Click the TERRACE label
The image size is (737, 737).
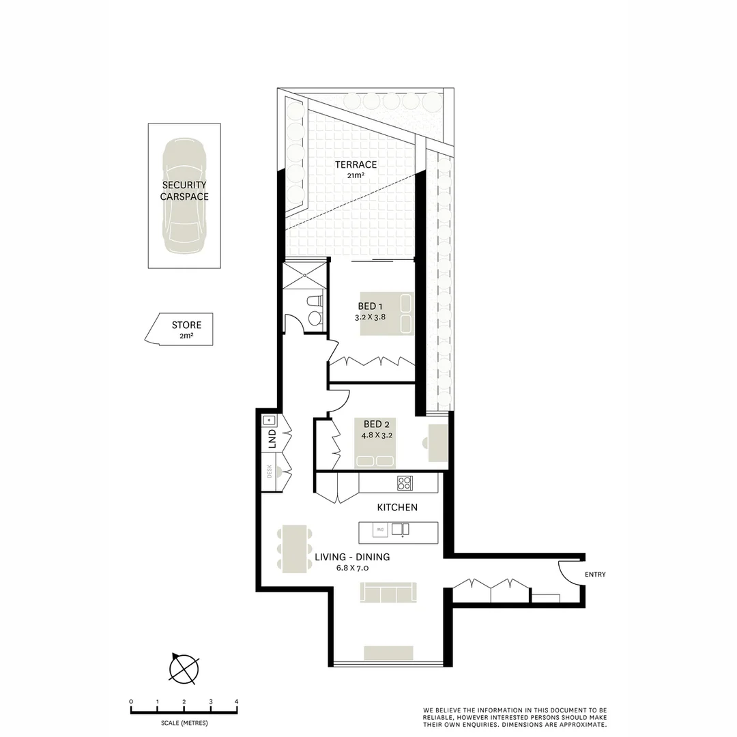(x=356, y=164)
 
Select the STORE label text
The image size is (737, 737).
(x=186, y=326)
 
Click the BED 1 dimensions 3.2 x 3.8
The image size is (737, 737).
(x=371, y=317)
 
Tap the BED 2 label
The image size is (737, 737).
(x=377, y=424)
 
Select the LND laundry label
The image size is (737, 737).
(x=271, y=439)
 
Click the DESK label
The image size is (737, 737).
(x=270, y=470)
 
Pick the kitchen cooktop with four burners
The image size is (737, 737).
(x=405, y=483)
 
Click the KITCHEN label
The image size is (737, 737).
(x=397, y=507)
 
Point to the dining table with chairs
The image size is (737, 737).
(x=293, y=548)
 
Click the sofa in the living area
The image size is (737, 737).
(x=388, y=593)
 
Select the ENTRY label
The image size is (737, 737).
(x=595, y=575)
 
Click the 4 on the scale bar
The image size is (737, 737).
(x=237, y=702)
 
